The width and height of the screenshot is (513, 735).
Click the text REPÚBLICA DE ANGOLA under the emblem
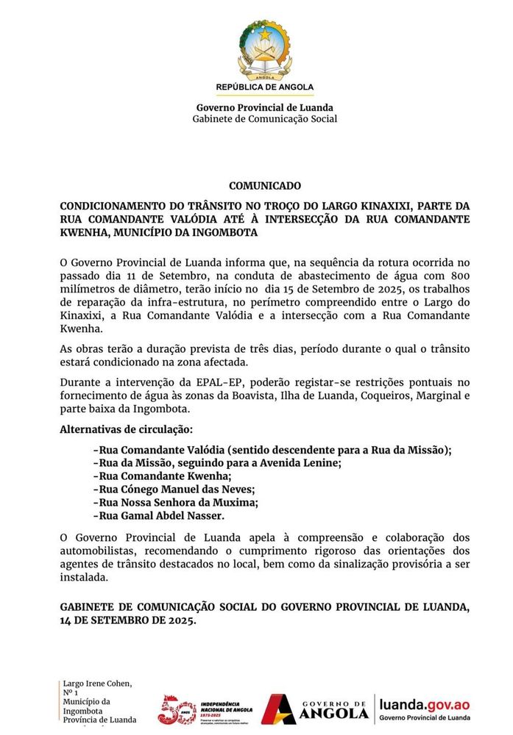click(x=264, y=87)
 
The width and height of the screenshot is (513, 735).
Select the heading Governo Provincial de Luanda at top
click(x=264, y=108)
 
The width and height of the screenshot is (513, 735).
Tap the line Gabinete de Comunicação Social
click(x=264, y=119)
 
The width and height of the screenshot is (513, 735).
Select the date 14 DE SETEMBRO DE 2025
click(x=129, y=620)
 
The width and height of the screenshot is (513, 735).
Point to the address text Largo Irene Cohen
click(x=97, y=684)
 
